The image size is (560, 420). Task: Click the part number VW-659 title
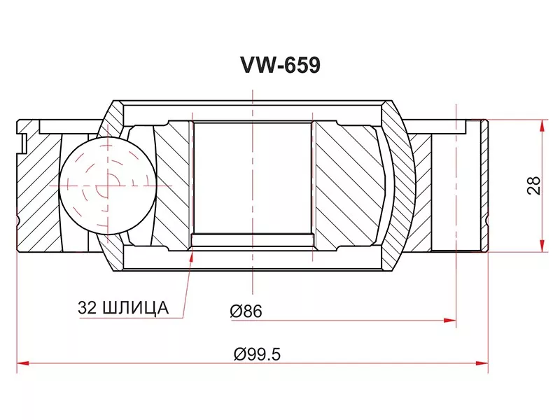pos(280,65)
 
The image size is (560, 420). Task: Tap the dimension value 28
pos(535,184)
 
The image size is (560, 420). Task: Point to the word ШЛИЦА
pos(135,307)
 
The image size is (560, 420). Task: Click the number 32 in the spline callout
pos(87,307)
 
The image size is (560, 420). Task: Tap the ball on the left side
pos(106,185)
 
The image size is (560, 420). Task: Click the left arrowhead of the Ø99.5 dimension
pos(22,363)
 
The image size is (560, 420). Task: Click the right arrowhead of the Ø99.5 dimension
pos(482,363)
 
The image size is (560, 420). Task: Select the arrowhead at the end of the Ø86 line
pos(451,321)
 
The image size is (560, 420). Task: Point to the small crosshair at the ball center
pos(106,185)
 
